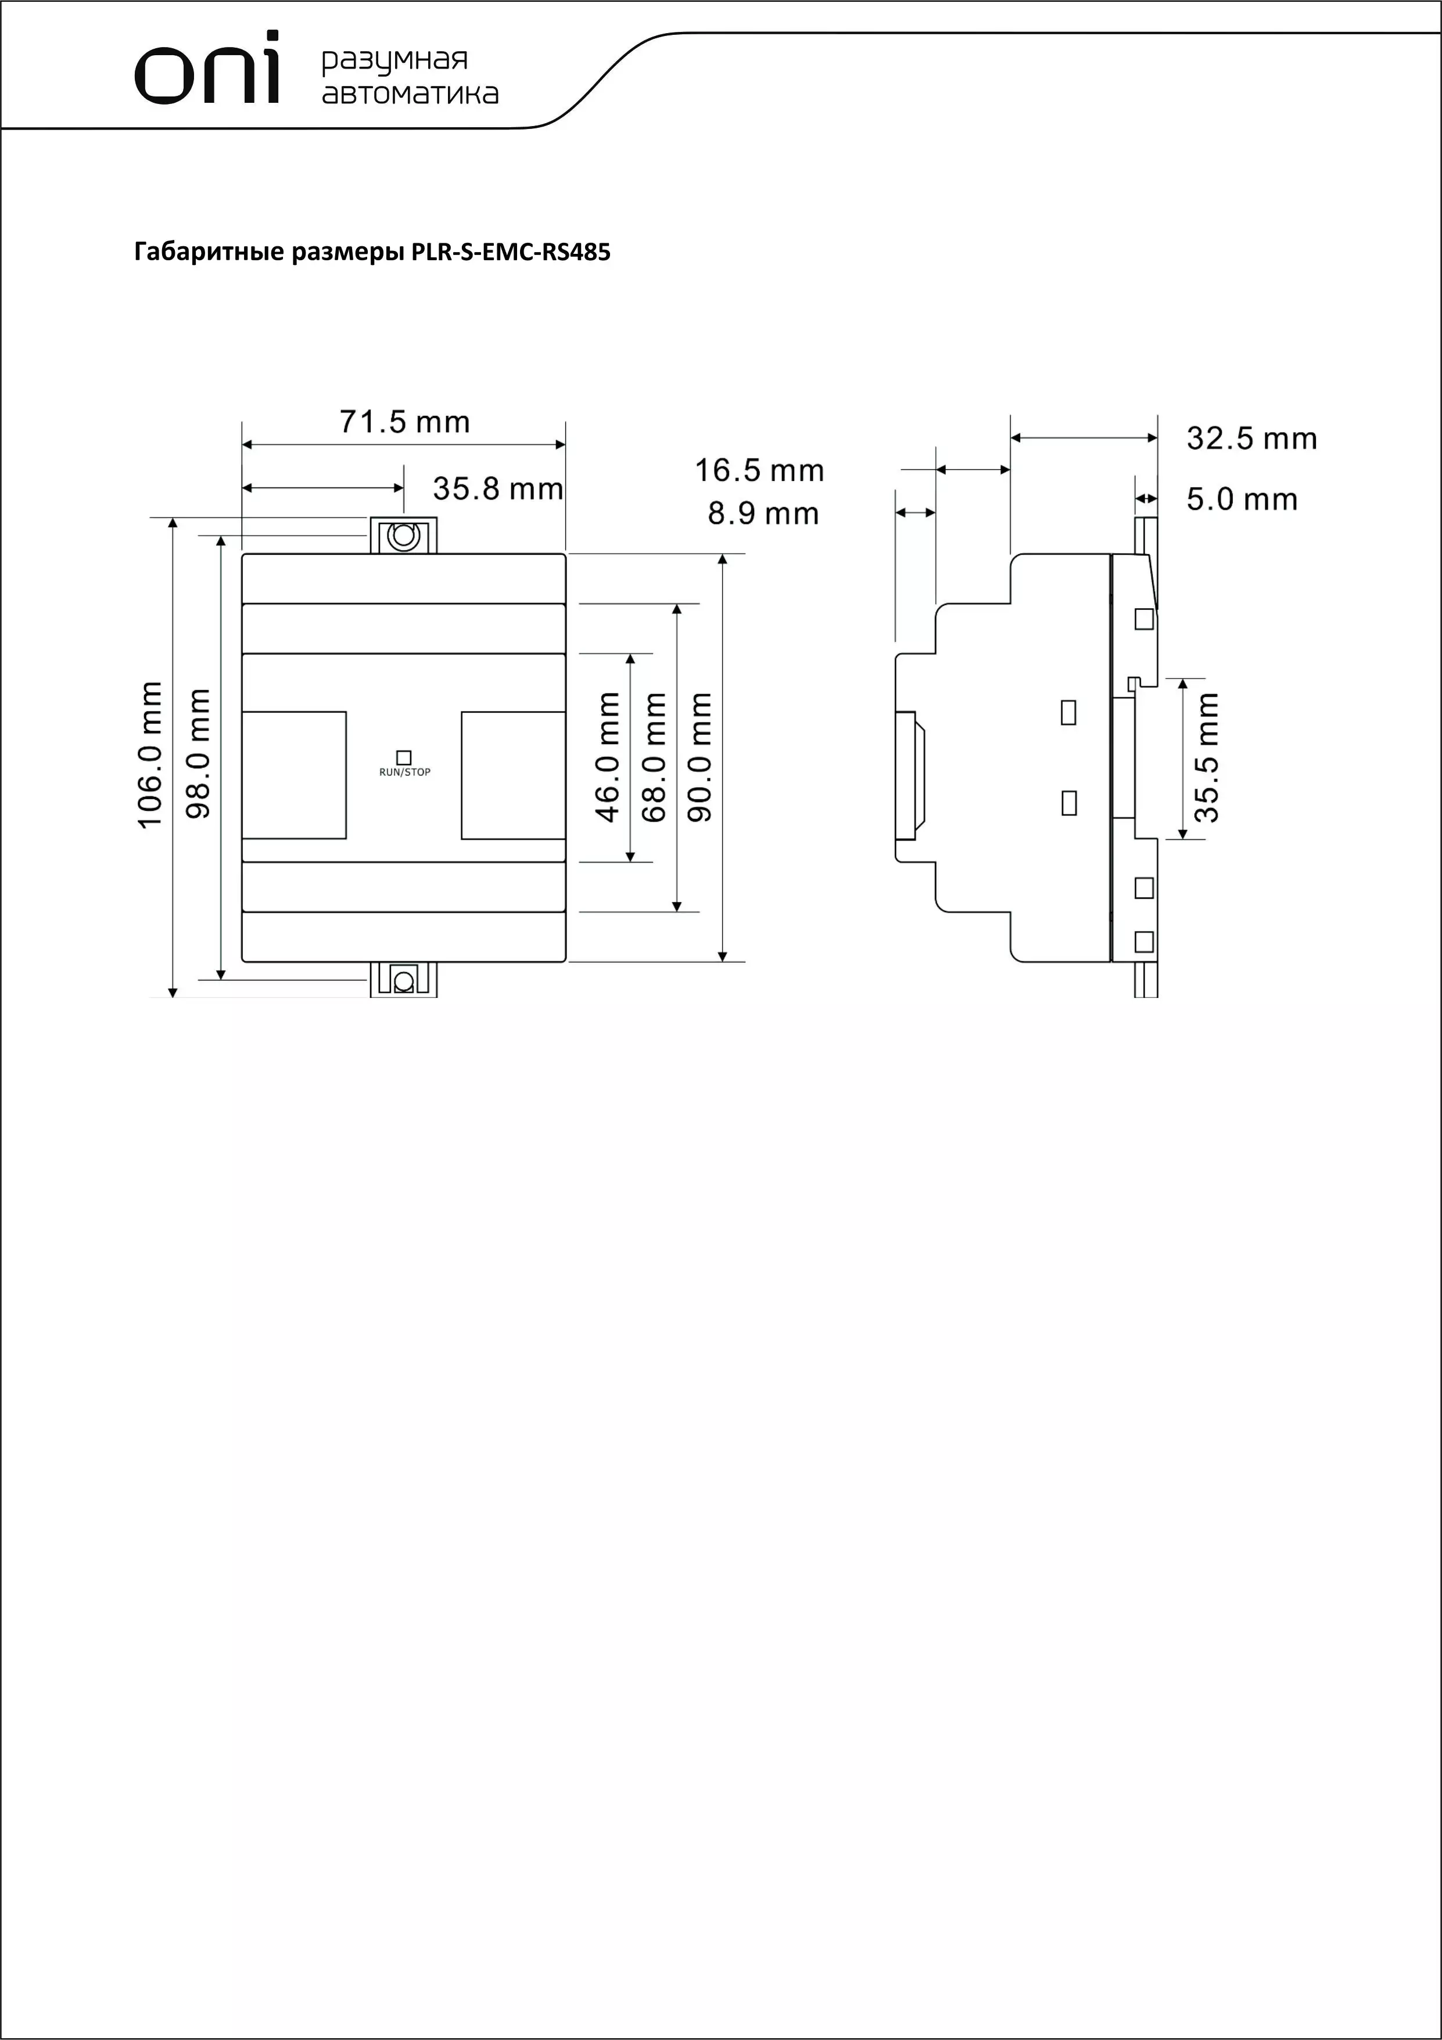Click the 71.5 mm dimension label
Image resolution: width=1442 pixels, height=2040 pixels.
pyautogui.click(x=405, y=422)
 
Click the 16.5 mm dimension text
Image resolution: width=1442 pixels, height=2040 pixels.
pyautogui.click(x=760, y=471)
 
